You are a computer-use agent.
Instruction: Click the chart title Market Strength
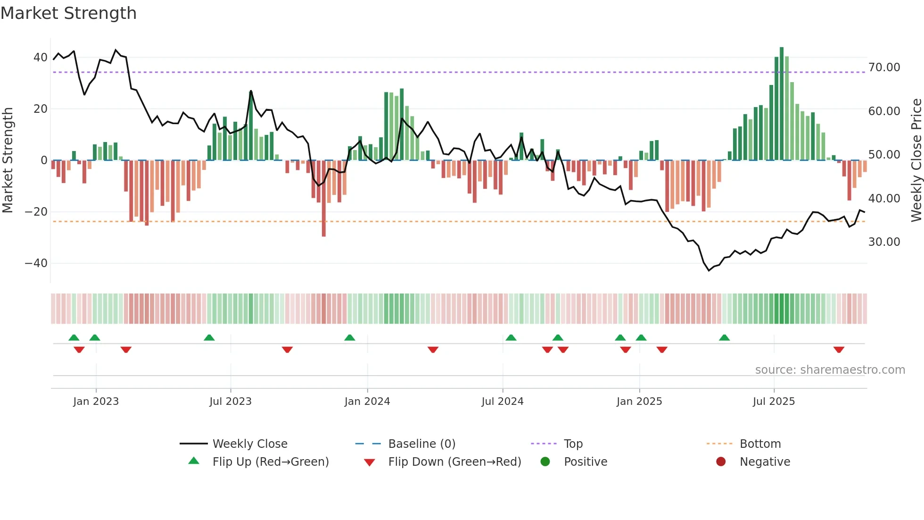(69, 13)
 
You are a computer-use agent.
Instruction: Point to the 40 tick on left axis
(40, 58)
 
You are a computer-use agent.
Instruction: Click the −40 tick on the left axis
(36, 263)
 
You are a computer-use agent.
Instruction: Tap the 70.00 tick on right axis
(884, 67)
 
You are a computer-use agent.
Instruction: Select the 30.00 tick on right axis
(884, 242)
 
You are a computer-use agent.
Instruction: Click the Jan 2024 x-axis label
(367, 402)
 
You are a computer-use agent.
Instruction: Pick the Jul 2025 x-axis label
(774, 402)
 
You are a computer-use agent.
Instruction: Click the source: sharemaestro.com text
(830, 370)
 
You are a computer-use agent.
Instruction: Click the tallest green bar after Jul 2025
(782, 104)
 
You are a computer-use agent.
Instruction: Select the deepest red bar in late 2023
(324, 198)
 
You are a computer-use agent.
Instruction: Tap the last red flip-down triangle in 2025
(839, 350)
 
